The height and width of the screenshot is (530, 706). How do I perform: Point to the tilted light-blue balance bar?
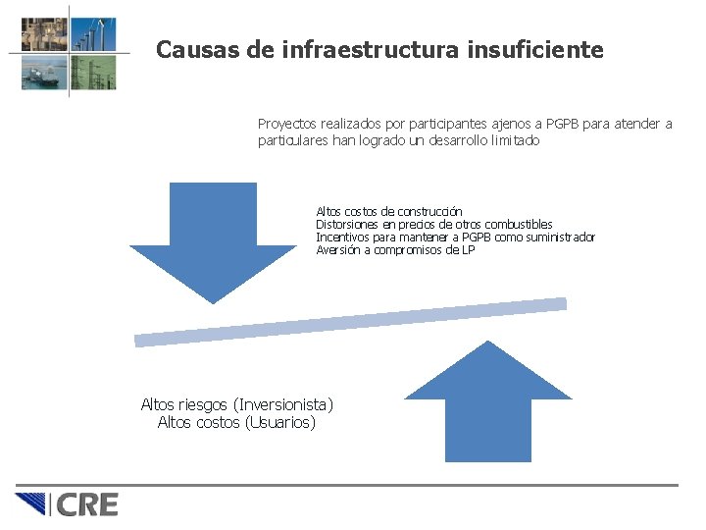tap(350, 322)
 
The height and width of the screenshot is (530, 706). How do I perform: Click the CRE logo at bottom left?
tap(67, 504)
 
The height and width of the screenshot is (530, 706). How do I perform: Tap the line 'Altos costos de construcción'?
tap(388, 212)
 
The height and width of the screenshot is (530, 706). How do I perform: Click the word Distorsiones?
tap(343, 225)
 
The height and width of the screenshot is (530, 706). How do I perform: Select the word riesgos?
tap(199, 404)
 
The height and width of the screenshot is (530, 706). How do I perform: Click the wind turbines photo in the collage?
tap(95, 34)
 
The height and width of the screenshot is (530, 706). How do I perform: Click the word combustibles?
tap(519, 225)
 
